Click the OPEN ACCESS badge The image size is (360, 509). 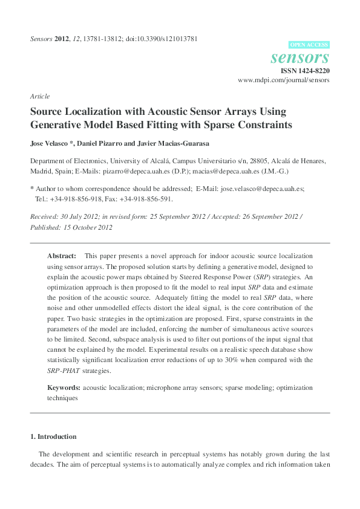(310, 45)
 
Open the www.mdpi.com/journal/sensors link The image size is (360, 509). (284, 80)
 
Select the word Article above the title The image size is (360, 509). (40, 96)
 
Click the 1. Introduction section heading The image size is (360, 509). (53, 436)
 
